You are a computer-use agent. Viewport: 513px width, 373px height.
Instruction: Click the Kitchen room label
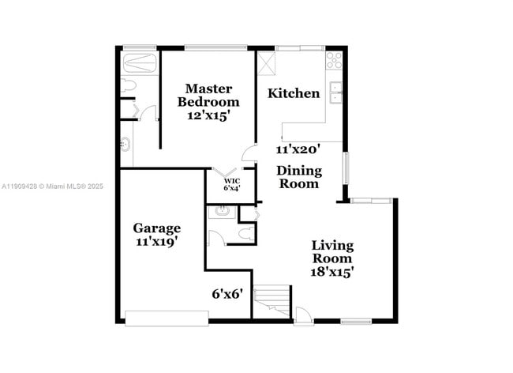294,93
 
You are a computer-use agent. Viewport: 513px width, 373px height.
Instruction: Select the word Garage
156,228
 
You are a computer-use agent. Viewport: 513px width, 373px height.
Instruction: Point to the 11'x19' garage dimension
156,243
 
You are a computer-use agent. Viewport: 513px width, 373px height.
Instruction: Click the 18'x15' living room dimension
331,271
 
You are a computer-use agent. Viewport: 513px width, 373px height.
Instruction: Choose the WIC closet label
231,181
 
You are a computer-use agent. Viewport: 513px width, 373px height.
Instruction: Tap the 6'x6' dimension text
227,293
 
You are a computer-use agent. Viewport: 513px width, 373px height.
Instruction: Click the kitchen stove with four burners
334,58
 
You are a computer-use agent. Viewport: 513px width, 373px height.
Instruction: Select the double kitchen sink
335,92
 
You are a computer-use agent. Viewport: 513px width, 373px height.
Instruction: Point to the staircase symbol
271,301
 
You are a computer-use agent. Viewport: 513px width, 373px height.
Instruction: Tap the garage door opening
167,318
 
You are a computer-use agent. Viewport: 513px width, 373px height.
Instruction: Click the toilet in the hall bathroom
247,232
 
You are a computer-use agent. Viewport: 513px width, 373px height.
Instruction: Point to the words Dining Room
298,177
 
